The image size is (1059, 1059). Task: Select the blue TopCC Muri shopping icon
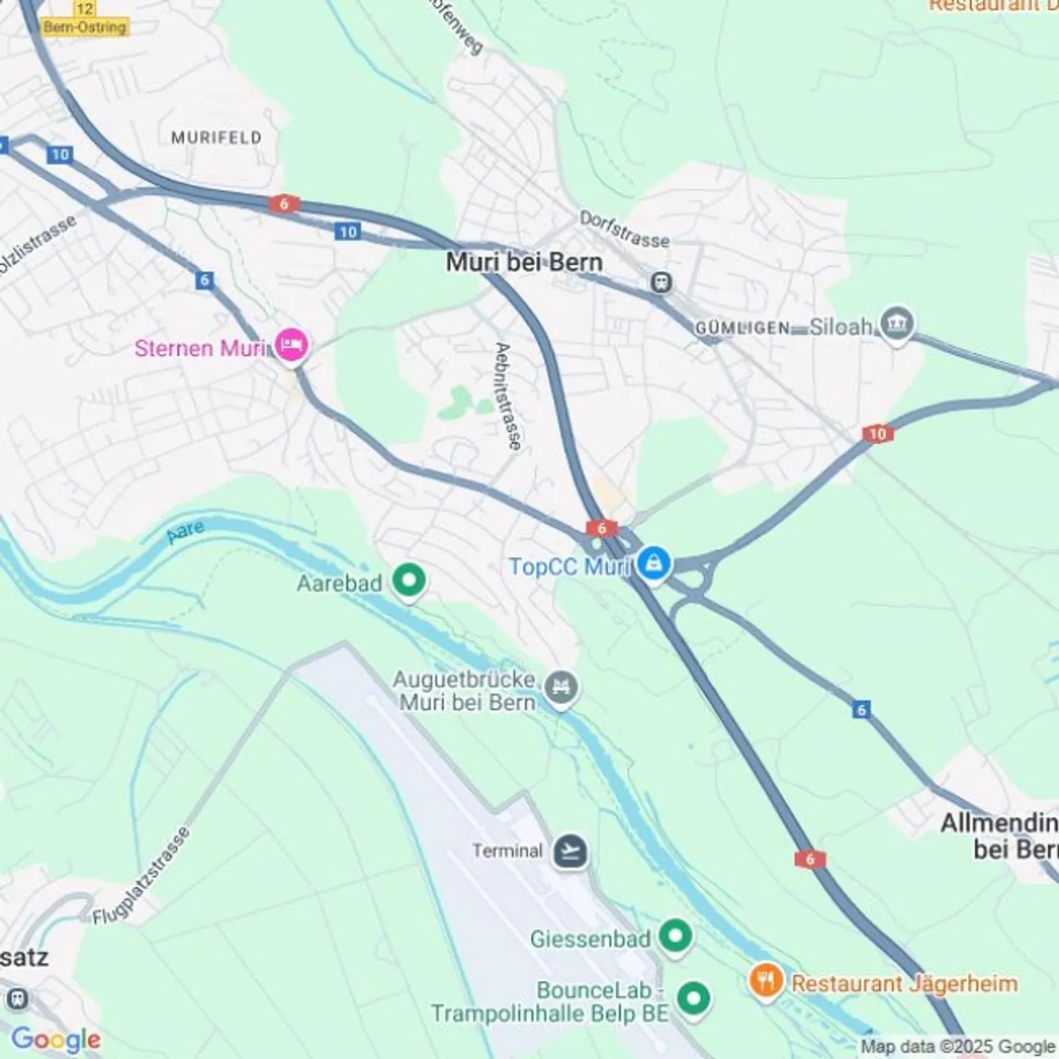pos(653,565)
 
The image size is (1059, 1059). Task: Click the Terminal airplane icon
pos(571,851)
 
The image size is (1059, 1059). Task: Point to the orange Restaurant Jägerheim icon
pos(766,981)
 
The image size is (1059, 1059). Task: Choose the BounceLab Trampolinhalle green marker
pos(693,999)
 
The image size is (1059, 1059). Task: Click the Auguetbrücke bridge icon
pos(562,688)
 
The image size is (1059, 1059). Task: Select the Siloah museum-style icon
pos(896,324)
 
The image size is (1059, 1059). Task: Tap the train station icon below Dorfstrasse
pos(660,282)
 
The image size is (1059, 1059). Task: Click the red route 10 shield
pos(877,434)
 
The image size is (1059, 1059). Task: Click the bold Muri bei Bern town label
pos(524,263)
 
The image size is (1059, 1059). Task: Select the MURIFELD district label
pos(216,138)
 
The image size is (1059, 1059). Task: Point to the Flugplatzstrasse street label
pos(142,876)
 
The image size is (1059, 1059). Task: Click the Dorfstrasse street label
pos(624,230)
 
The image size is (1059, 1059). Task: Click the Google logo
pos(56,1039)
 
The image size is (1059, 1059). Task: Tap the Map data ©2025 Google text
pos(958,1046)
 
